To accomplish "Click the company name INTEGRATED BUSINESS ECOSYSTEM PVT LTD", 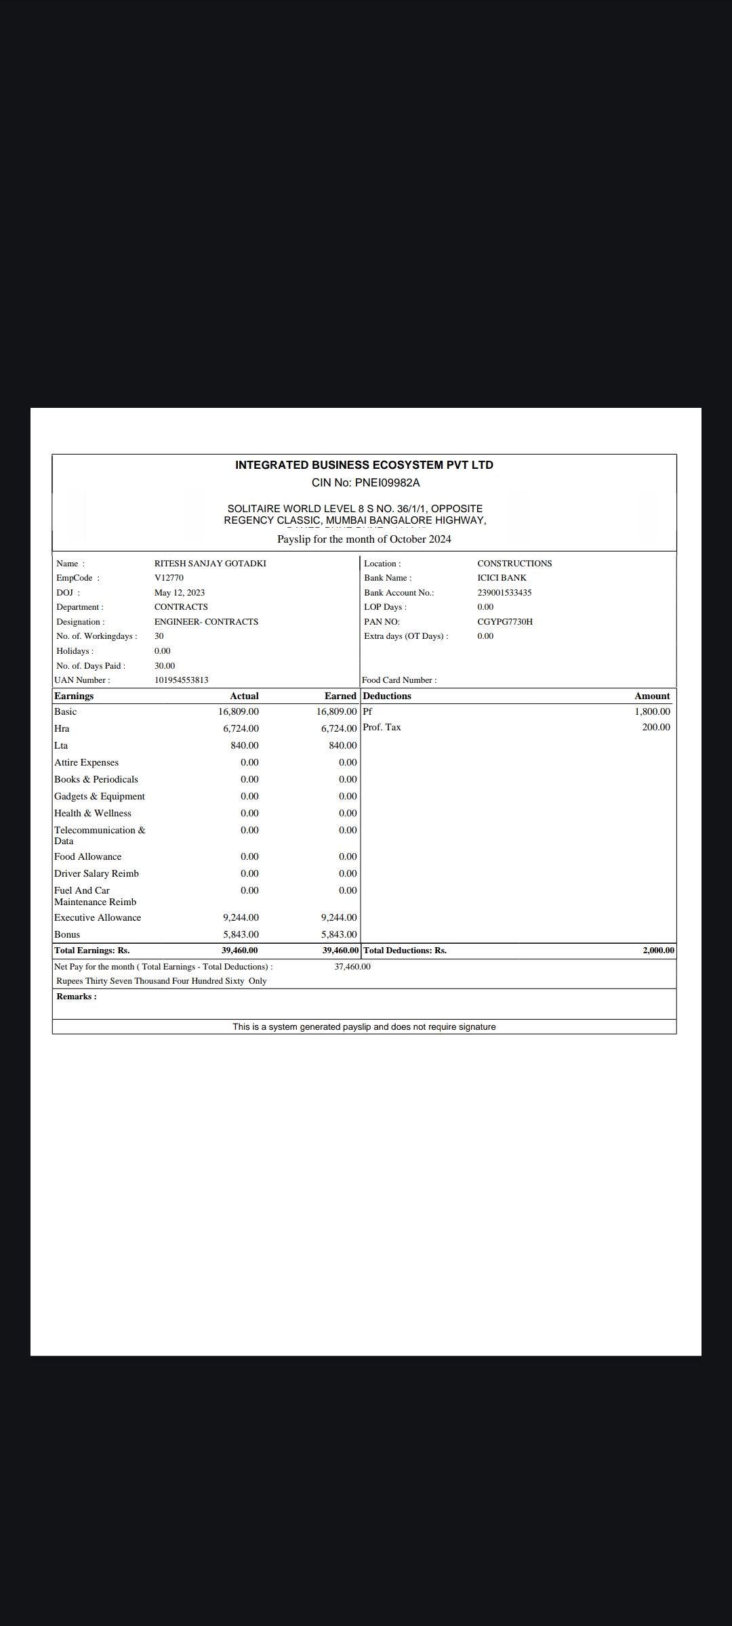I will [364, 465].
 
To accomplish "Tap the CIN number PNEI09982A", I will [387, 483].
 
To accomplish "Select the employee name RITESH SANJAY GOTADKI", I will [210, 564].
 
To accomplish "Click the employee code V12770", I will [169, 578].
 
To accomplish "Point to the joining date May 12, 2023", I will [180, 593].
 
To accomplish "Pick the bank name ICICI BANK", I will [502, 578].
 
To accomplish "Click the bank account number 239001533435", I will [504, 593].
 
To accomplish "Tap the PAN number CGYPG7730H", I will [505, 622].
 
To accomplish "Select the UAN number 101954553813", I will [181, 680].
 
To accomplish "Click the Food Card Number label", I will [399, 680].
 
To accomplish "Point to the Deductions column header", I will [387, 696].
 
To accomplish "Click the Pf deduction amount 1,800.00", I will [652, 711].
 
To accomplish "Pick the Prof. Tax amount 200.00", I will [656, 728].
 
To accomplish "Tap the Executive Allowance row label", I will [98, 918].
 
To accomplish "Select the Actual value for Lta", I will [244, 746].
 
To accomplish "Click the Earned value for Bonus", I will [339, 935].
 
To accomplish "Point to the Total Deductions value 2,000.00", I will [658, 951].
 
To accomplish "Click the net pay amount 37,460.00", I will [352, 967].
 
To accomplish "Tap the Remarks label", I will [77, 997].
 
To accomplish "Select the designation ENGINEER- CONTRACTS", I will [206, 622].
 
